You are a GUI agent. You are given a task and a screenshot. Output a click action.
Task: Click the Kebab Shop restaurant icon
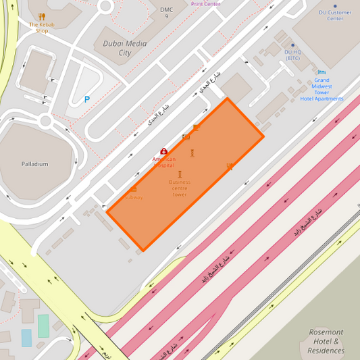pos(42,16)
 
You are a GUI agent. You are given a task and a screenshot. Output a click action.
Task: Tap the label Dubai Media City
pos(125,47)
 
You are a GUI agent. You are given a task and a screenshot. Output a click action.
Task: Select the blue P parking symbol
pos(86,99)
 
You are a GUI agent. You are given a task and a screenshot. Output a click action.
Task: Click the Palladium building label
pos(34,164)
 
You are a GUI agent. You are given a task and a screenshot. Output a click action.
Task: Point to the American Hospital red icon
pos(163,152)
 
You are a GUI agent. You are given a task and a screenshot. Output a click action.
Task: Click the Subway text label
pos(133,197)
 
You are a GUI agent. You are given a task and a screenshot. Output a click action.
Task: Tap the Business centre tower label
pos(180,188)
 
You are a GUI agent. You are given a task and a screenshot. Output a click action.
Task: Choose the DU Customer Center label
pos(335,15)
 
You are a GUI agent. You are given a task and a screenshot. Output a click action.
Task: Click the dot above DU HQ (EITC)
pos(292,44)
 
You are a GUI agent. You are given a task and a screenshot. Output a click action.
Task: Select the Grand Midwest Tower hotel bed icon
pos(322,72)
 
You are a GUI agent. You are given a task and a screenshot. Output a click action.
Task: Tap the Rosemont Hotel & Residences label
pos(326,341)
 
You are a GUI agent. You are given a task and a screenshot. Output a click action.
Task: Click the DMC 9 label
pos(166,13)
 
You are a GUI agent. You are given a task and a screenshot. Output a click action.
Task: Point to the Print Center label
pos(205,3)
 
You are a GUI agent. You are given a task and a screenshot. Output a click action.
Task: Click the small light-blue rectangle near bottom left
pos(26,337)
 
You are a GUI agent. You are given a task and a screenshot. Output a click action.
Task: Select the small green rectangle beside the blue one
pos(43,326)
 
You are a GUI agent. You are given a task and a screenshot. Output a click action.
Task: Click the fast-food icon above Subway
pos(134,188)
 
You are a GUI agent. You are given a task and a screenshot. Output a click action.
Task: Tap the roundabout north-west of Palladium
pos(45,121)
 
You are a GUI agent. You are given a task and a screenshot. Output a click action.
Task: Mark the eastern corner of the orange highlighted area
pos(263,136)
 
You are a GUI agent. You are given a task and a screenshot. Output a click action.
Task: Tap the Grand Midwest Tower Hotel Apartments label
pos(322,89)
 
